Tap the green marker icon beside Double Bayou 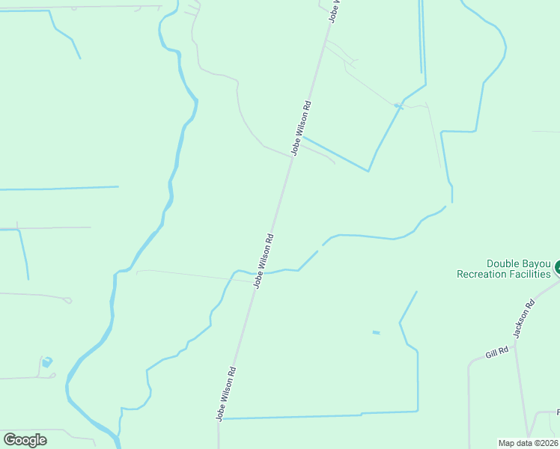(557, 267)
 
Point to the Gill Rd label (496, 350)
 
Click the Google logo (25, 440)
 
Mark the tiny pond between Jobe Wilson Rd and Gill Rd (376, 332)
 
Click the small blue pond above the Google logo (47, 362)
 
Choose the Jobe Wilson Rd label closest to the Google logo (227, 393)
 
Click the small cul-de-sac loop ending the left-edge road (68, 300)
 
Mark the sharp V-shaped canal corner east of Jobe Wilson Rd (368, 171)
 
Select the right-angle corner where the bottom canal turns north (417, 411)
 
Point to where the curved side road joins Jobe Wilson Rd (292, 156)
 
